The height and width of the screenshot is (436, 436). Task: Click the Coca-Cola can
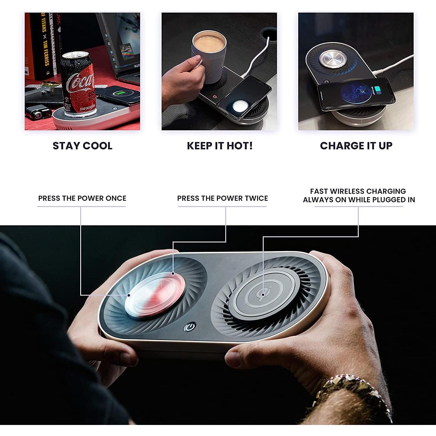click(77, 84)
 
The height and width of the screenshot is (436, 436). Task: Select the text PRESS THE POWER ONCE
click(82, 198)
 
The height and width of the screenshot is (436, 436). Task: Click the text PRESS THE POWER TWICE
click(222, 198)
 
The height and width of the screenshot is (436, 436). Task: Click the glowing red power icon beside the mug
click(215, 96)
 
